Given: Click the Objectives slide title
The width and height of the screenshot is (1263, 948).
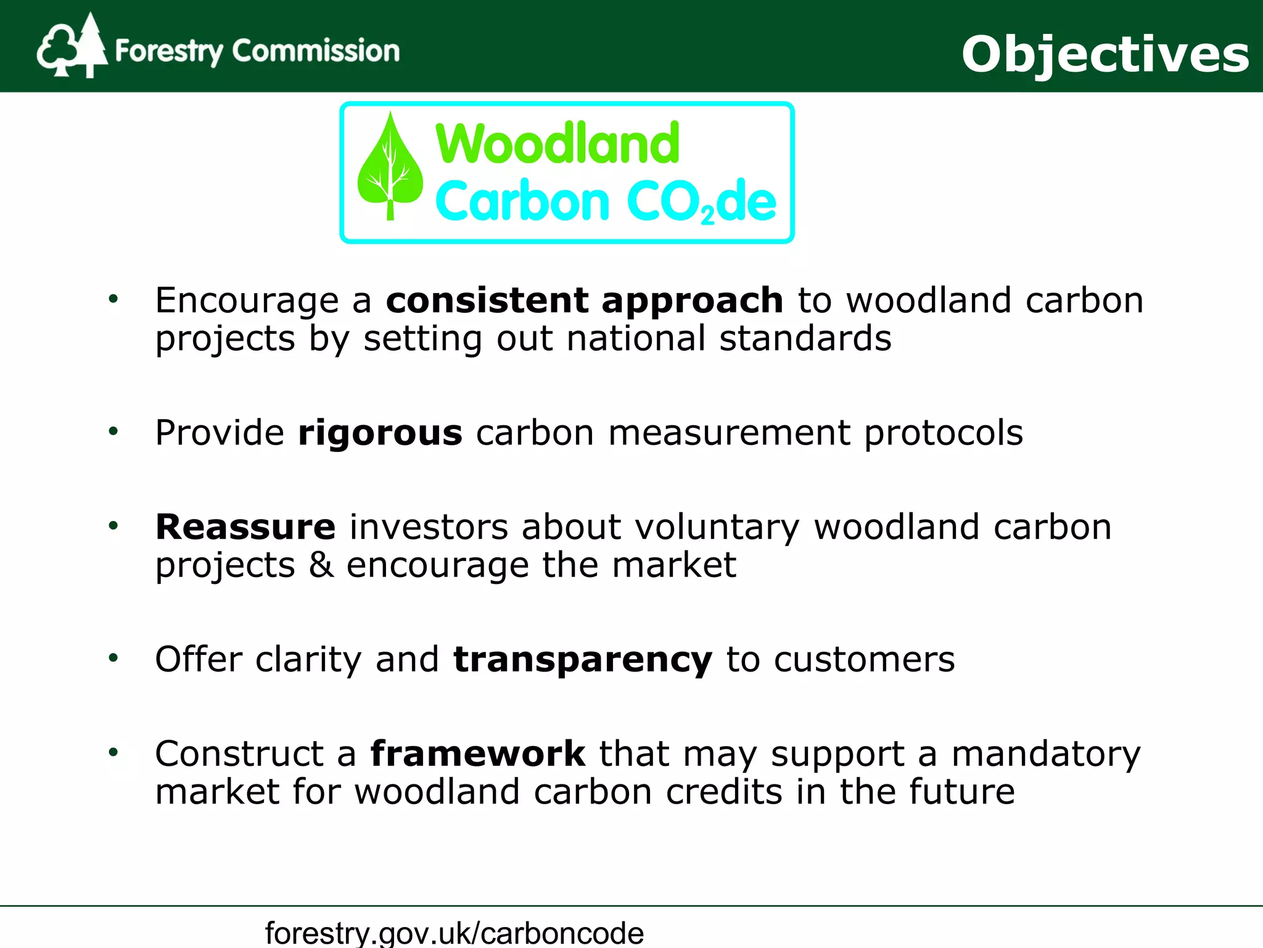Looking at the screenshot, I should pos(1105,54).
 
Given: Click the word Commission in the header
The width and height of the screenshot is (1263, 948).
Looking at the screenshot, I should pos(316,51).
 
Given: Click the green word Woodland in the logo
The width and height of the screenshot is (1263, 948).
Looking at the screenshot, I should pos(557,144).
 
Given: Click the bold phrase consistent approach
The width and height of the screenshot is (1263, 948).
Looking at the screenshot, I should pos(584,301).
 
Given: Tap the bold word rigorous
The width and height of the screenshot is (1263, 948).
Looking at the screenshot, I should pos(380,433).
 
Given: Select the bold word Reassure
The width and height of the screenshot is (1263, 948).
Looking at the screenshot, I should pos(245,527).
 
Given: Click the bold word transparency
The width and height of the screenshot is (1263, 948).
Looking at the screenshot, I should pos(583,659).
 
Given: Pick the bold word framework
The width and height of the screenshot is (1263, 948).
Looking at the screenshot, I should pos(478,754).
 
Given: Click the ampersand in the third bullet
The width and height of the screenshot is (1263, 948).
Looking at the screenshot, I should pos(321,565).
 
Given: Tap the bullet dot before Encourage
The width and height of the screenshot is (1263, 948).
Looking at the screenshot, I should pos(113,299).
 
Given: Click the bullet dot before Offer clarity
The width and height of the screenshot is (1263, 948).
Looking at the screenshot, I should pos(113,658).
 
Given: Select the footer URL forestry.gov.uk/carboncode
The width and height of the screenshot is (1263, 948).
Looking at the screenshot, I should pos(455,932).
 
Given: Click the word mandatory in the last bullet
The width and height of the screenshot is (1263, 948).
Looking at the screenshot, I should pos(1046,754).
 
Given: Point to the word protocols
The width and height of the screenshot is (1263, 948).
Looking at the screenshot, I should pos(944,433).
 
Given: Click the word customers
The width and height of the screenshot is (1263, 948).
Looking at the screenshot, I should pos(864,659).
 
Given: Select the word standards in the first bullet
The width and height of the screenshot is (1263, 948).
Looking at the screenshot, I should pos(805,339).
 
